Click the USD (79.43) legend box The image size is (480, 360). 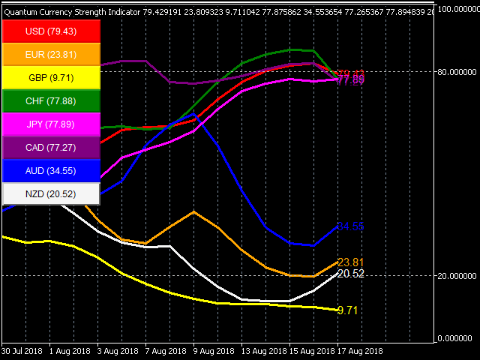click(x=51, y=32)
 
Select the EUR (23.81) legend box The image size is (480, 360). click(x=51, y=55)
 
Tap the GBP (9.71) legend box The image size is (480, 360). click(x=51, y=78)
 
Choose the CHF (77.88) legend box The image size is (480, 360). click(x=51, y=101)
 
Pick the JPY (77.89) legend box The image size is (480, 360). click(x=51, y=124)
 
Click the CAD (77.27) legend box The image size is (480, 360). click(x=51, y=148)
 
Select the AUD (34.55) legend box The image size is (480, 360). click(x=51, y=171)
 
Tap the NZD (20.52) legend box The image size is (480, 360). click(x=51, y=194)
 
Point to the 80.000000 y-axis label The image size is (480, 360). click(x=457, y=72)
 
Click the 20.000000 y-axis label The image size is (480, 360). click(x=457, y=276)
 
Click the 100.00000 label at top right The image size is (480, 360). click(x=457, y=9)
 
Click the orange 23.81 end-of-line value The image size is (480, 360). click(x=350, y=262)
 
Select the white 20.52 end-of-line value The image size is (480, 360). click(x=350, y=274)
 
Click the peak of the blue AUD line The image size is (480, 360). click(x=193, y=115)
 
